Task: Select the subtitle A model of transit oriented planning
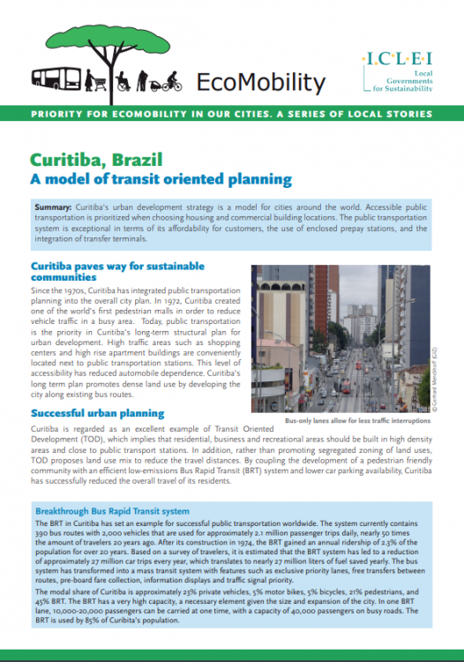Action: click(161, 180)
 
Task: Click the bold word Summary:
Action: click(50, 205)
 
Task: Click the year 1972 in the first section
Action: click(137, 301)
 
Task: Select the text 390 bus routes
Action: click(59, 537)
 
